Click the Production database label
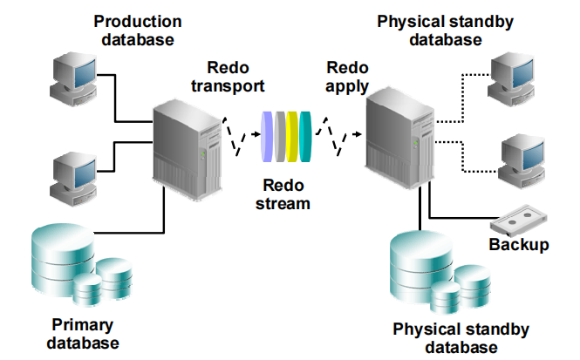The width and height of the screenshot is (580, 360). click(x=137, y=30)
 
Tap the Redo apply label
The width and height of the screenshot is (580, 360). click(x=347, y=76)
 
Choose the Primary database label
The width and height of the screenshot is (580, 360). click(x=82, y=334)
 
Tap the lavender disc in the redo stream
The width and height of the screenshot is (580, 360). click(x=266, y=136)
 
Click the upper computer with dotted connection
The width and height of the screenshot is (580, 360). click(x=515, y=80)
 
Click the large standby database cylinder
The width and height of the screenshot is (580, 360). click(x=424, y=262)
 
